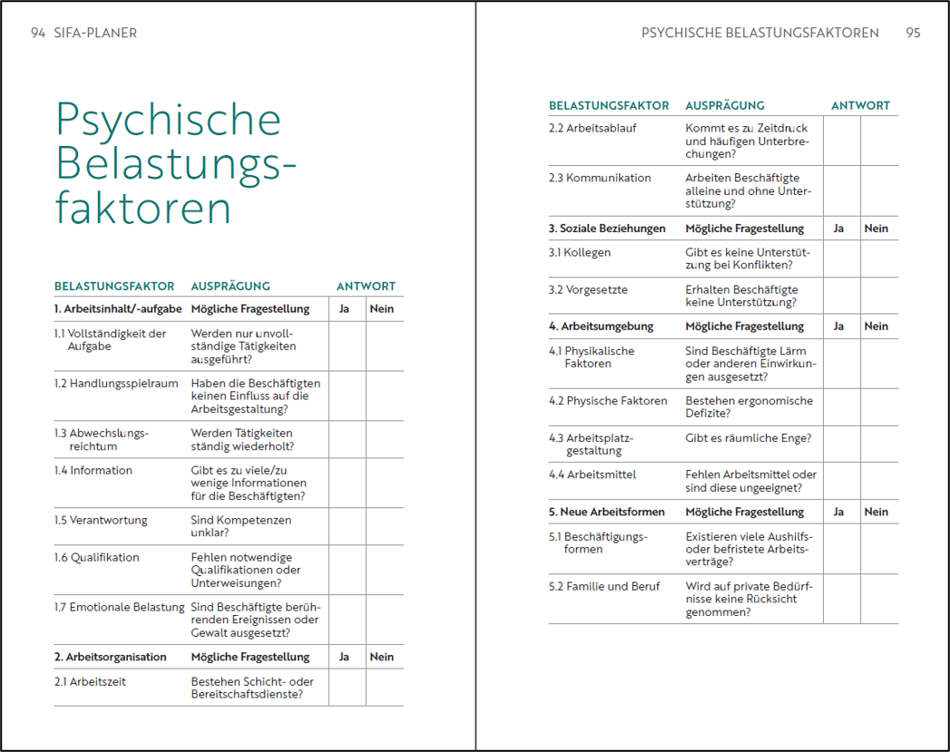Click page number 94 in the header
[x=37, y=33]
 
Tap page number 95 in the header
[x=913, y=33]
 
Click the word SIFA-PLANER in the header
[x=95, y=33]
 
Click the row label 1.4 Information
[x=93, y=471]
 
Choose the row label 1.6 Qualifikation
[x=96, y=558]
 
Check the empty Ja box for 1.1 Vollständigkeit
[x=347, y=347]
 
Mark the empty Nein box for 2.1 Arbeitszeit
[x=385, y=688]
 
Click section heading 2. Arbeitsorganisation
[x=110, y=657]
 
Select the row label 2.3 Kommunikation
[x=600, y=178]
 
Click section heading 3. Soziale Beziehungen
[x=606, y=229]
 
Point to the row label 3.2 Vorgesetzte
[x=588, y=290]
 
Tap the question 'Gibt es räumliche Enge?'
[x=749, y=438]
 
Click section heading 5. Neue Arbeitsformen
[x=606, y=512]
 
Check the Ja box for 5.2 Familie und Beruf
[x=841, y=599]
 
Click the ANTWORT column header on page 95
[x=860, y=106]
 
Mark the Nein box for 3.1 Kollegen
[x=879, y=259]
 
